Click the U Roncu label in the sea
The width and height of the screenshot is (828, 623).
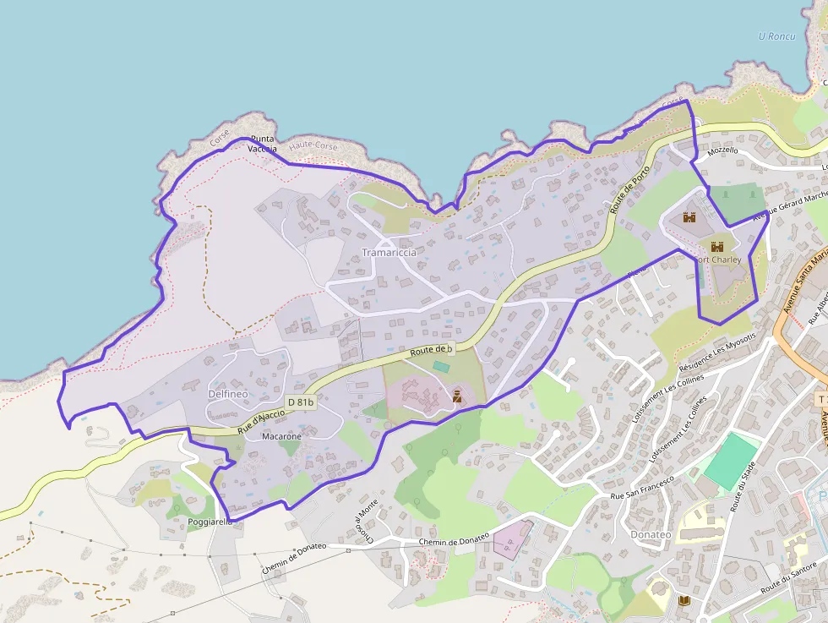point(777,36)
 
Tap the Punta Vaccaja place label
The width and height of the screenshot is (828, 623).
point(263,144)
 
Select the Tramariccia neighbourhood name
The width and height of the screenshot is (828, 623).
point(389,253)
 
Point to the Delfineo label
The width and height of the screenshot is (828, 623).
point(226,394)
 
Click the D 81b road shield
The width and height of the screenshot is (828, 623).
point(301,402)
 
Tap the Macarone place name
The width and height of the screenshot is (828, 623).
point(281,437)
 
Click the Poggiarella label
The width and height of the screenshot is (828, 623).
point(210,522)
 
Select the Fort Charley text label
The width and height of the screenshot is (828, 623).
point(720,260)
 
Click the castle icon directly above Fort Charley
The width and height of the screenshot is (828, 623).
point(717,247)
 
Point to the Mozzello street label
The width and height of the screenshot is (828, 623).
point(722,150)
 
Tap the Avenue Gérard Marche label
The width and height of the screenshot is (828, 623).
point(791,205)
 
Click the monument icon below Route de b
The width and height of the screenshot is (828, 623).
point(456,395)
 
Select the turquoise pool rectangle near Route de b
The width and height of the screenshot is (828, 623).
point(441,367)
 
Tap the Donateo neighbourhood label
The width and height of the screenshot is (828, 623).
point(651,534)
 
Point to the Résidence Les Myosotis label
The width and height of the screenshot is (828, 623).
point(714,358)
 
